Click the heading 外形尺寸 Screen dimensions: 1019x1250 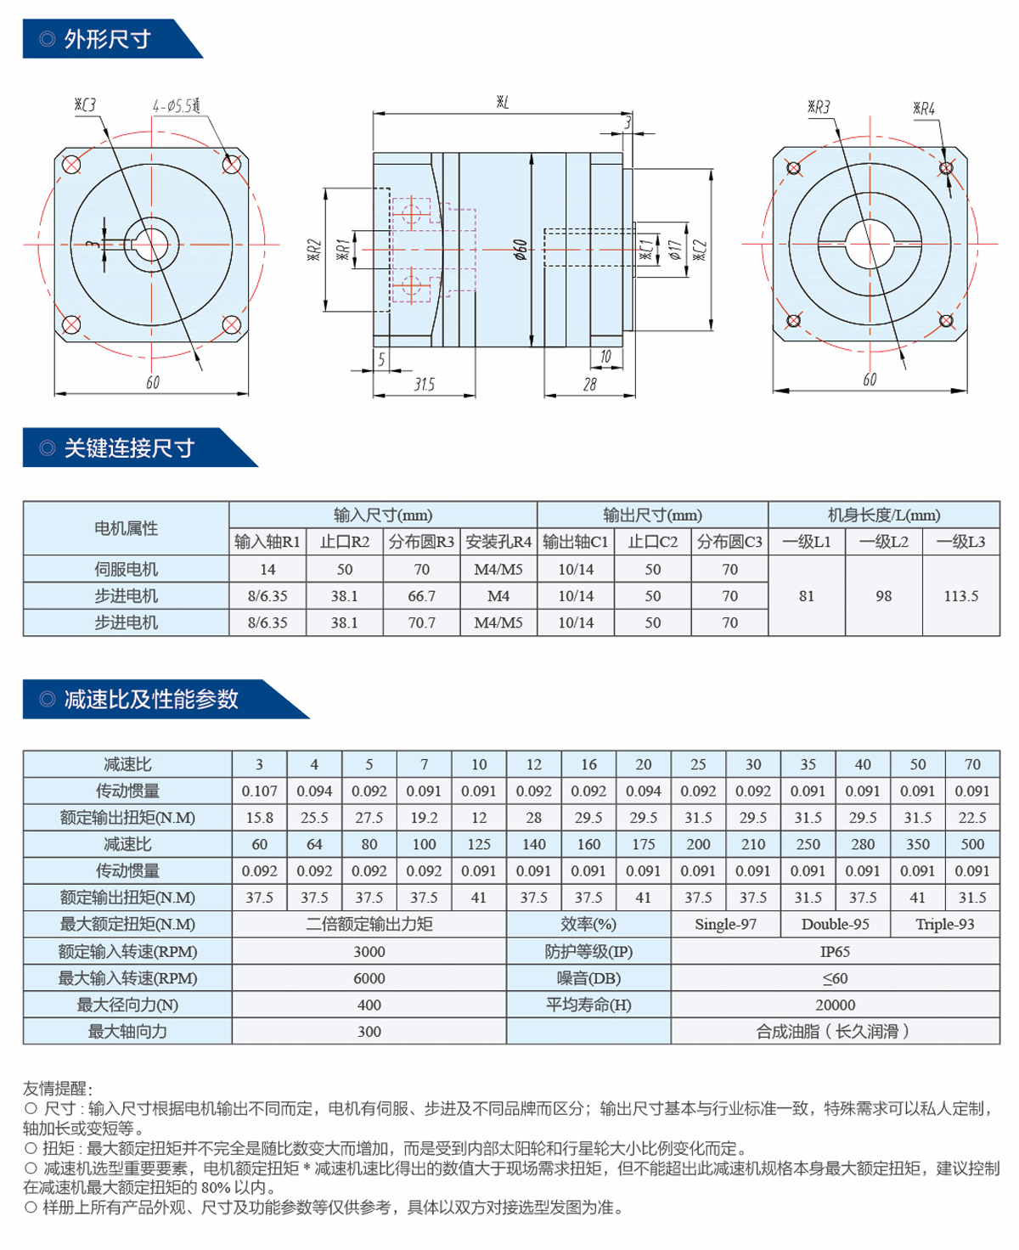[x=107, y=39]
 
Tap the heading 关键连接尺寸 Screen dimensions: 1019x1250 [x=129, y=448]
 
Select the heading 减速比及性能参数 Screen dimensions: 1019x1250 [x=151, y=700]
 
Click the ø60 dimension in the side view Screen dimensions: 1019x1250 [x=520, y=250]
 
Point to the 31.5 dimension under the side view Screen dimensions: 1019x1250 [x=424, y=385]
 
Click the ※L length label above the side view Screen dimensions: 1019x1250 [x=503, y=103]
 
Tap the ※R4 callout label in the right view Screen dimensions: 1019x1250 [x=924, y=109]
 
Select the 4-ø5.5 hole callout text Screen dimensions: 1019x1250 [x=176, y=106]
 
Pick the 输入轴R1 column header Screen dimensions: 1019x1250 [x=267, y=542]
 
